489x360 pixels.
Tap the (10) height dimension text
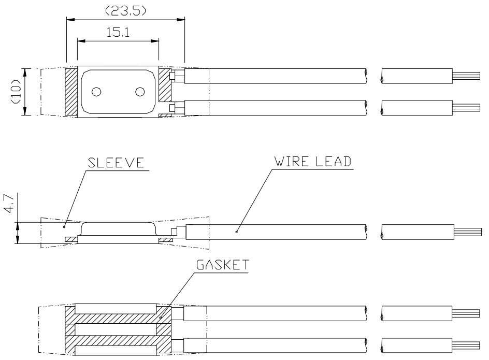(x=17, y=92)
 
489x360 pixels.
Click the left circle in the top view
(x=96, y=92)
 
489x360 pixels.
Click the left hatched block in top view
(x=71, y=92)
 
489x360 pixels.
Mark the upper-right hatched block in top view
(x=164, y=84)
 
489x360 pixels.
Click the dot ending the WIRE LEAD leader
(x=236, y=232)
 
